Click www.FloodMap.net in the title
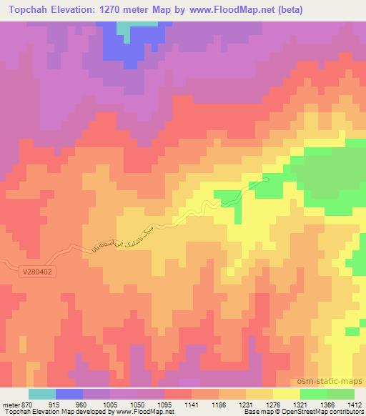click(x=228, y=10)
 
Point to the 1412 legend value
click(x=355, y=404)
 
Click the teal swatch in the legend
click(x=42, y=394)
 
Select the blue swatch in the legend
click(x=69, y=394)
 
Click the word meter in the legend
click(x=11, y=404)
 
